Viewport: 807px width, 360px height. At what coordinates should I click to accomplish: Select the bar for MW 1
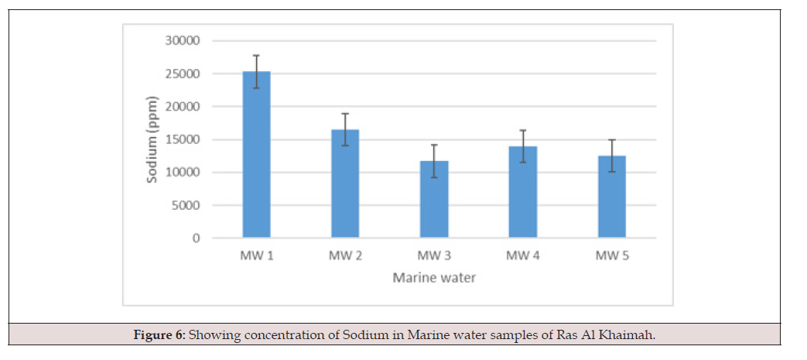[x=256, y=155]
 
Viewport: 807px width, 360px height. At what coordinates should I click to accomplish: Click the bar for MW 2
[x=345, y=183]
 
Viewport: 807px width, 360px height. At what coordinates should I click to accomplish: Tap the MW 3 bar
[x=434, y=199]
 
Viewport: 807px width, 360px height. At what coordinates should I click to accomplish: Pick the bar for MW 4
[x=523, y=192]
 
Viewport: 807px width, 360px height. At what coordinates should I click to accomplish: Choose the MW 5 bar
[x=612, y=197]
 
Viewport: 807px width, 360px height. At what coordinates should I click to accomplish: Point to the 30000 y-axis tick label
[x=183, y=41]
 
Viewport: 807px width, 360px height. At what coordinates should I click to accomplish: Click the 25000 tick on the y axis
[x=183, y=74]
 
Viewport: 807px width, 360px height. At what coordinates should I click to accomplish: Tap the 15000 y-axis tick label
[x=183, y=139]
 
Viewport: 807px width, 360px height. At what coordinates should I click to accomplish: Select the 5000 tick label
[x=186, y=205]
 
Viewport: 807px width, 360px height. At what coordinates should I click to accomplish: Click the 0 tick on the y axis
[x=197, y=238]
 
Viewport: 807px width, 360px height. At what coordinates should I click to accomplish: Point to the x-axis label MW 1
[x=256, y=256]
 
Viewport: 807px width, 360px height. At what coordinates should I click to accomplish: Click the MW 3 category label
[x=434, y=256]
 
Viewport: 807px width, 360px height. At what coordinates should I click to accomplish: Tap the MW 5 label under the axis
[x=612, y=256]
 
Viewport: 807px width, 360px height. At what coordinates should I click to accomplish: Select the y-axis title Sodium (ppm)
[x=152, y=139]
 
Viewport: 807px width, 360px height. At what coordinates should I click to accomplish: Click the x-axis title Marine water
[x=434, y=278]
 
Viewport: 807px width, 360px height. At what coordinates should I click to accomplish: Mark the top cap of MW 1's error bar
[x=256, y=55]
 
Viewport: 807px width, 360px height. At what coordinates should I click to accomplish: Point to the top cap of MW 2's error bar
[x=345, y=113]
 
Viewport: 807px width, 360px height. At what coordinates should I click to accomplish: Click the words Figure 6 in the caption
[x=159, y=335]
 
